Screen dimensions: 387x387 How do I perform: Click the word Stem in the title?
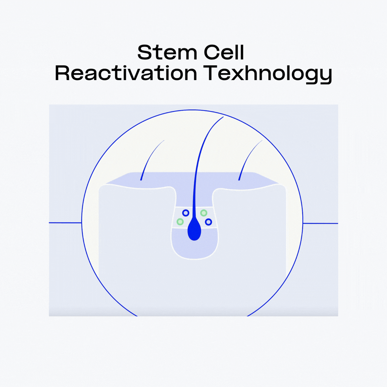pyautogui.click(x=167, y=52)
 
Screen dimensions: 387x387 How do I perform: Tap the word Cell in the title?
pyautogui.click(x=224, y=52)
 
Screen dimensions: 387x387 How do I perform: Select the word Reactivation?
pyautogui.click(x=126, y=73)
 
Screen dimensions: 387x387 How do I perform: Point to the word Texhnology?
pyautogui.click(x=268, y=74)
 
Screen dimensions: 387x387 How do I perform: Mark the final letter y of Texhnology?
pyautogui.click(x=325, y=77)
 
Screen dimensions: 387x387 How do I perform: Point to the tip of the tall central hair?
pyautogui.click(x=223, y=117)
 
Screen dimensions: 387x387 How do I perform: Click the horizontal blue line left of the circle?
pyautogui.click(x=65, y=223)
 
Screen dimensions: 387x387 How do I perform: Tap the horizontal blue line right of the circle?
pyautogui.click(x=320, y=223)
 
